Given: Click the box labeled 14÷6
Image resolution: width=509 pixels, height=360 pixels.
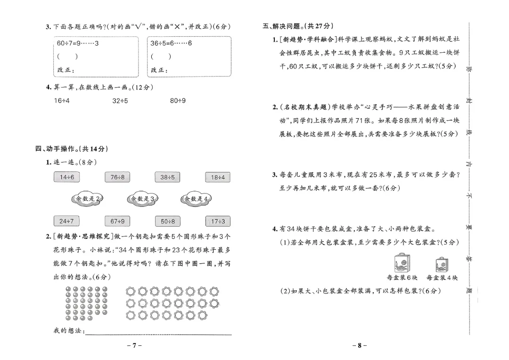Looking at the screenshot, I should tap(67, 177).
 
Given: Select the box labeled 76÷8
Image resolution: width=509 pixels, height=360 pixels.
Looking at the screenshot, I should tap(117, 177).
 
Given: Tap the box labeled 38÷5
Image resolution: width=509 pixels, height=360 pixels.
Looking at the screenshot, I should tap(167, 177).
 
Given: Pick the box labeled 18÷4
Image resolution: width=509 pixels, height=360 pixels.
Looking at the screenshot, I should tap(218, 177).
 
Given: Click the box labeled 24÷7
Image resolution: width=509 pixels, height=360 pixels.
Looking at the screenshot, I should tap(67, 221).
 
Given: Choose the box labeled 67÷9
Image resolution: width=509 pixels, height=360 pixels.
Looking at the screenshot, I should tap(117, 221).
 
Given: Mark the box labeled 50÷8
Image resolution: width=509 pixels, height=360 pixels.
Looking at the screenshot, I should tap(167, 221).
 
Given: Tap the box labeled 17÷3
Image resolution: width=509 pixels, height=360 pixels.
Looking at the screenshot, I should tap(218, 221).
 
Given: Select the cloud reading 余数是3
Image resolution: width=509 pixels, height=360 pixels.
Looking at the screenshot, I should tap(142, 199).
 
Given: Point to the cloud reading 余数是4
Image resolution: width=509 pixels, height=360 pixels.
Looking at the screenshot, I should tap(196, 199).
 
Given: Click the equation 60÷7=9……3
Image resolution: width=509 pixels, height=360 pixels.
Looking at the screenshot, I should tap(78, 43).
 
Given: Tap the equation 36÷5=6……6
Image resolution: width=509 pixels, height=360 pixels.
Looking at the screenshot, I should tap(172, 43).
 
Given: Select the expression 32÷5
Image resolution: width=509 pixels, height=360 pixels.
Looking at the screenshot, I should tap(120, 100).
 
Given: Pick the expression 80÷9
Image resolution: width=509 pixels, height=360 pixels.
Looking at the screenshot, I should tap(178, 100).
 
